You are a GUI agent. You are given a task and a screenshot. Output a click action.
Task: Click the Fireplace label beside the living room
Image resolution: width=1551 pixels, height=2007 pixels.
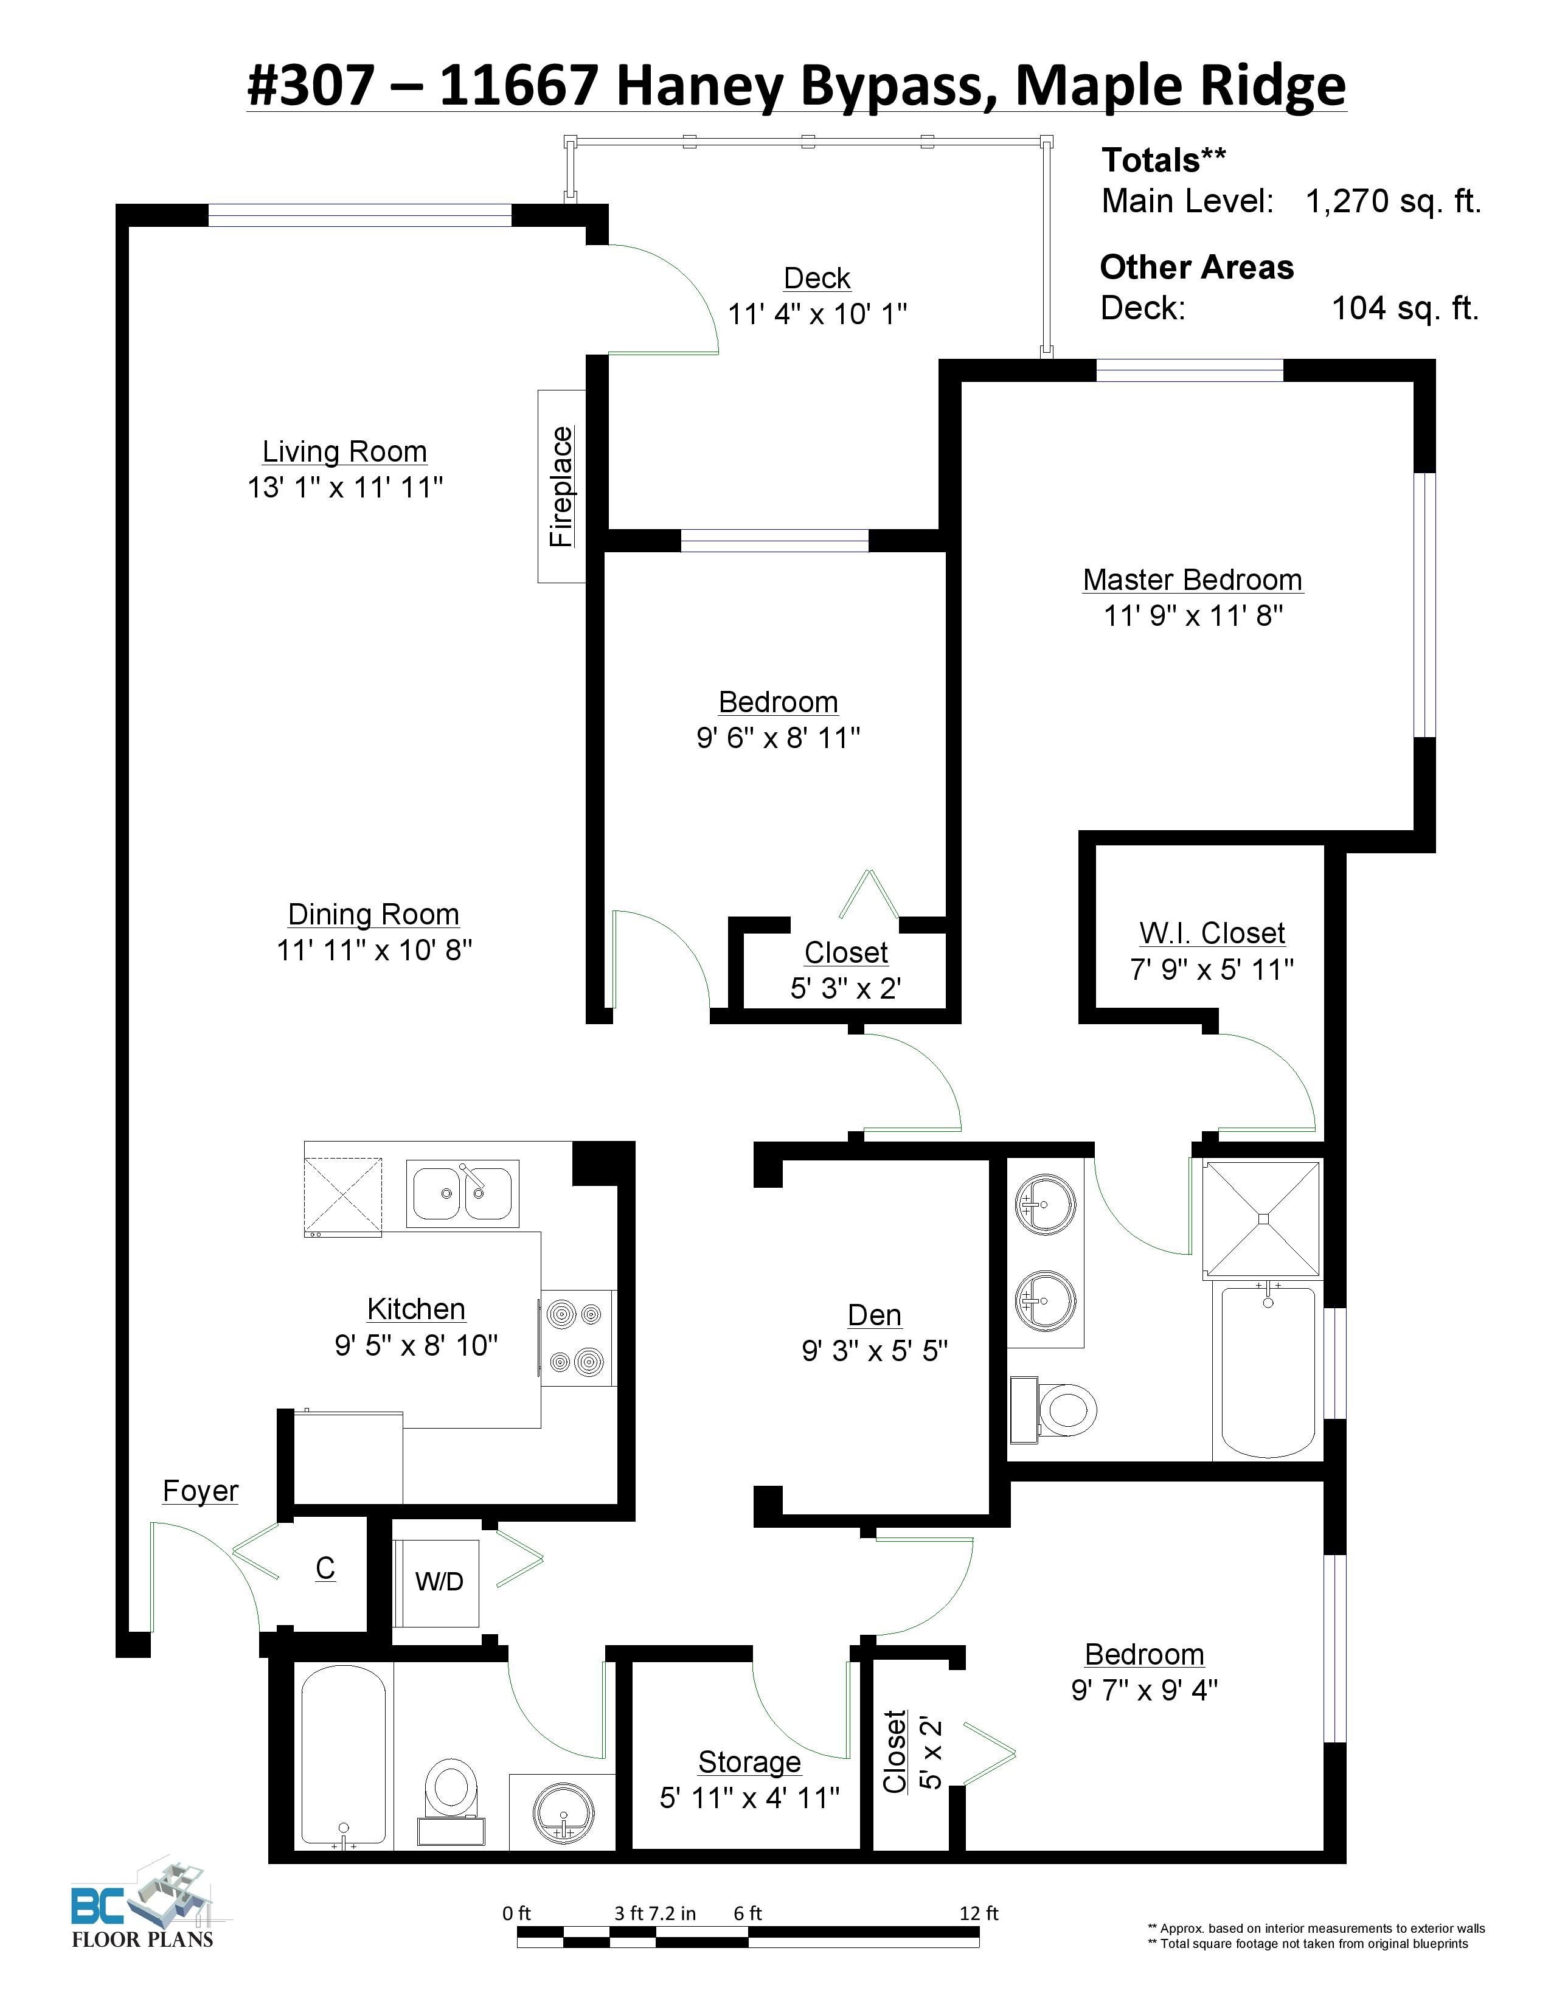pos(561,486)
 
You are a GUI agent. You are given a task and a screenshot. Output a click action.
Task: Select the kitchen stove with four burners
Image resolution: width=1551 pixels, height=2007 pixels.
pos(578,1338)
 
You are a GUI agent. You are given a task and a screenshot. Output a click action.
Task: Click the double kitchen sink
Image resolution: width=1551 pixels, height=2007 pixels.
pos(461,1194)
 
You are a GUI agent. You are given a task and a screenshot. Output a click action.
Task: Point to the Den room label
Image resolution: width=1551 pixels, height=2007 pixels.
pos(874,1315)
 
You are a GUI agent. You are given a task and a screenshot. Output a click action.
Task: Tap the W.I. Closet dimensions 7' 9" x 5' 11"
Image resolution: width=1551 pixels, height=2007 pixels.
pos(1212,969)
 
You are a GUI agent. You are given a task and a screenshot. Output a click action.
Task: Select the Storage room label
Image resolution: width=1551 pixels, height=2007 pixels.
pos(749,1762)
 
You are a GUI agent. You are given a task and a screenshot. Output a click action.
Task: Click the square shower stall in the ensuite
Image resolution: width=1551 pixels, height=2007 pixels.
pos(1263,1219)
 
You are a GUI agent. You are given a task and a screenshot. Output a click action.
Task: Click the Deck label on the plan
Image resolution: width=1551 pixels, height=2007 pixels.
pos(817,277)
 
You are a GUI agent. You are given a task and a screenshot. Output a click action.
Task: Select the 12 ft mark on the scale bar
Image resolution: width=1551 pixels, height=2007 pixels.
pos(979,1913)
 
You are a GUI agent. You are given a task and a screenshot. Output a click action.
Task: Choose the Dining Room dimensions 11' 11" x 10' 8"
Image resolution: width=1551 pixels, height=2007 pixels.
pos(375,949)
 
